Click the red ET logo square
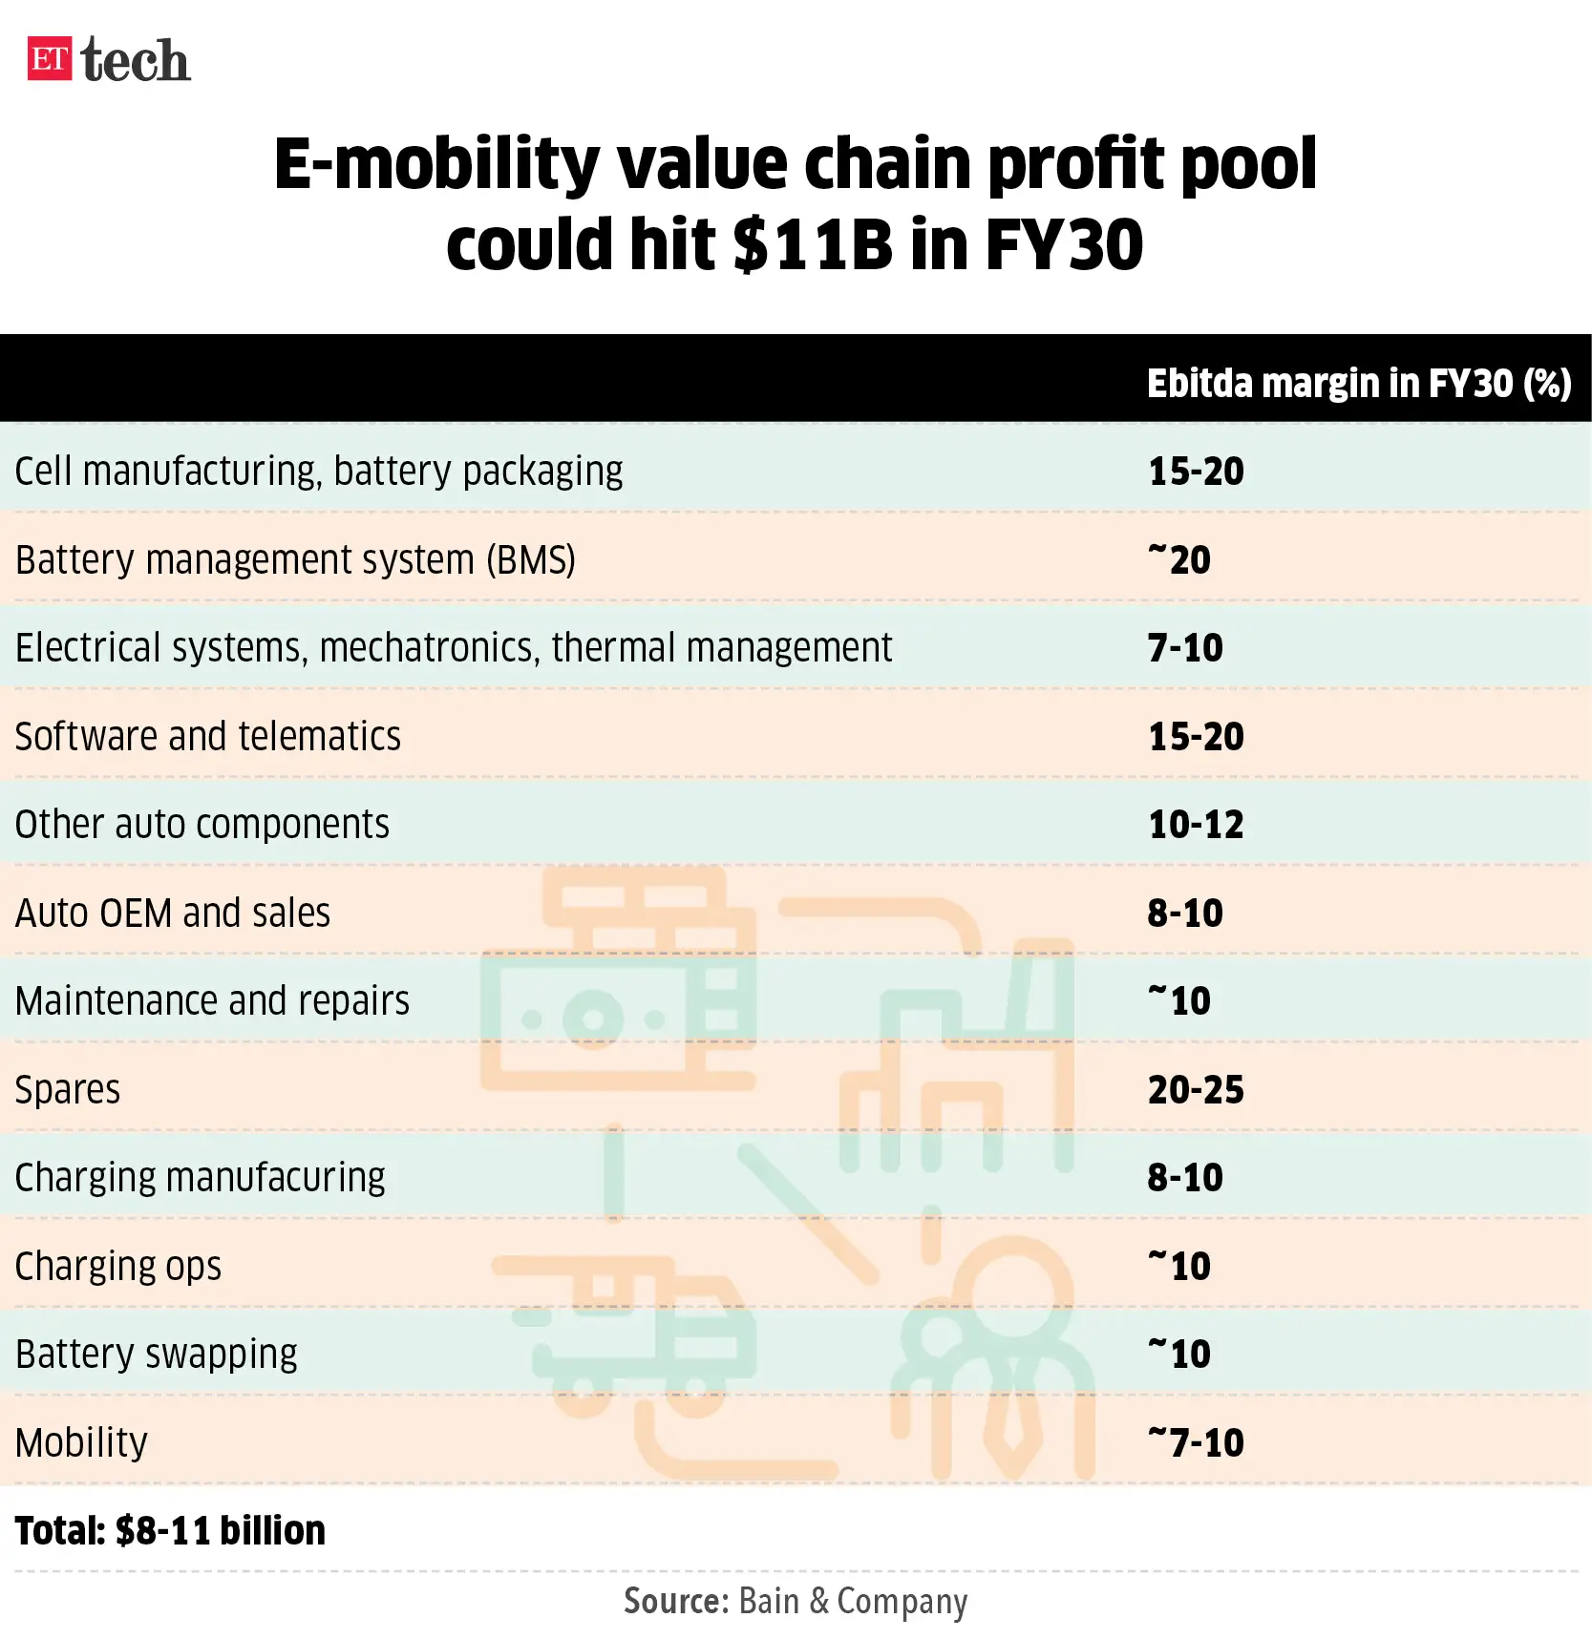tap(50, 59)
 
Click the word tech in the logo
tap(136, 61)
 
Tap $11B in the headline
tap(813, 245)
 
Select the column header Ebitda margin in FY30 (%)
tap(1358, 384)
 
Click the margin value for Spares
tap(1196, 1090)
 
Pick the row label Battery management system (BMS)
tap(295, 560)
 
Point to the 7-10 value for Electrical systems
tap(1184, 648)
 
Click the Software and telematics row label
tap(208, 737)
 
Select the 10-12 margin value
tap(1196, 825)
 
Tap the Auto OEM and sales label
tap(173, 914)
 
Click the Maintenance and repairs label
tap(212, 1001)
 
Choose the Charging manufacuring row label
tap(200, 1178)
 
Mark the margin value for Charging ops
tap(1179, 1267)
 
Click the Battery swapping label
tap(157, 1355)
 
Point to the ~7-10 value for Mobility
tap(1196, 1443)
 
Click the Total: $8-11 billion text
tap(170, 1531)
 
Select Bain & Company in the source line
tap(853, 1602)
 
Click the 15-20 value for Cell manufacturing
tap(1196, 472)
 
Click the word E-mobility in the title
tap(435, 163)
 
